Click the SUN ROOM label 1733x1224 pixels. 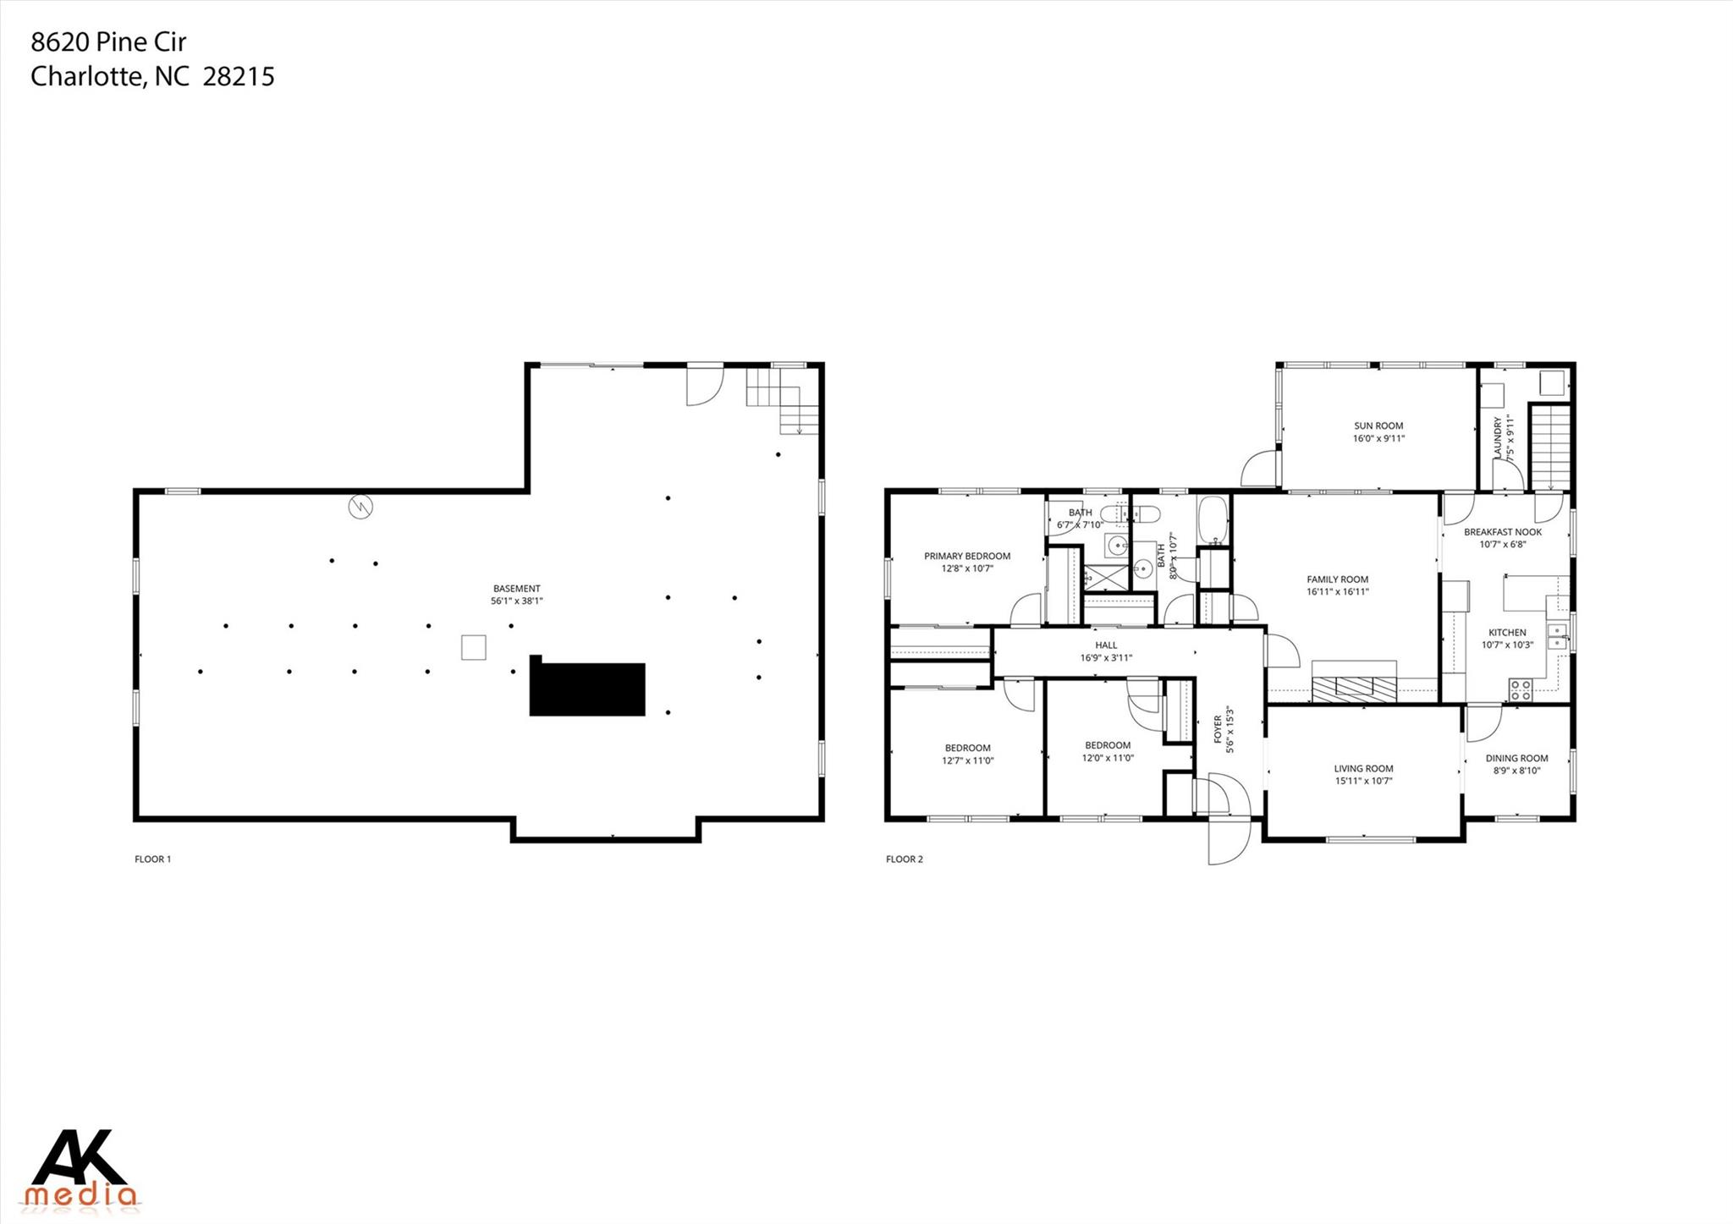1378,426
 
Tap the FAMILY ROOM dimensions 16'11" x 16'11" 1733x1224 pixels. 1337,592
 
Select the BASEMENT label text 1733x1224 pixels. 516,589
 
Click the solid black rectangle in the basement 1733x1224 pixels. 587,689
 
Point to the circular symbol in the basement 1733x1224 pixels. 360,508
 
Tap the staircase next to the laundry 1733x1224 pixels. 1549,447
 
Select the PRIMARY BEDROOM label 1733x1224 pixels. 966,557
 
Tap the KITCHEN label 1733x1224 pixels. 1507,633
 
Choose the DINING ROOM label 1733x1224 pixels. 1516,759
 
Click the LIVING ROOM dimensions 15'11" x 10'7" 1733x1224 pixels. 1363,782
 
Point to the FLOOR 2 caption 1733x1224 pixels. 904,859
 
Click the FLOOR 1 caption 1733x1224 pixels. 152,859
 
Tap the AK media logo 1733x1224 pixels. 80,1168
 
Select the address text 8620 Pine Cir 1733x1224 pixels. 108,41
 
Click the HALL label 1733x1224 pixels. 1105,645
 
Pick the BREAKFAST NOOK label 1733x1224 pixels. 1502,532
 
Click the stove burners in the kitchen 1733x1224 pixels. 1520,689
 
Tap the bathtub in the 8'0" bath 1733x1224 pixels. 1212,519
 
